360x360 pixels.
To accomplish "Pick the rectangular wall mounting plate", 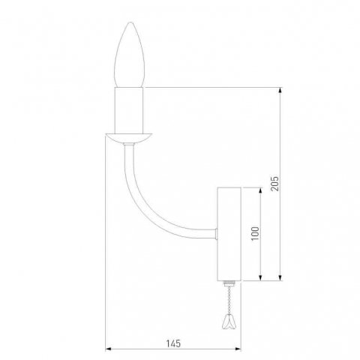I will coord(228,234).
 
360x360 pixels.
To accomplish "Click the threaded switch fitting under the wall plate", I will coord(229,286).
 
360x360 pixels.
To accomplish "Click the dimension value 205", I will coord(274,184).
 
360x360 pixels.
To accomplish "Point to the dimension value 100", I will coord(254,233).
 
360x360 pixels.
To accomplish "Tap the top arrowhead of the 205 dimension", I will coord(280,91).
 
